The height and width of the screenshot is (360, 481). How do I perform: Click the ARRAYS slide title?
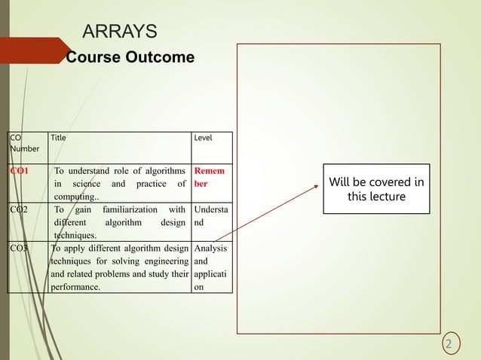tap(119, 31)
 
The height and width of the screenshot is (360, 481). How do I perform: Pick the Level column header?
tap(204, 138)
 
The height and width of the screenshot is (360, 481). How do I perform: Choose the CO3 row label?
tap(19, 246)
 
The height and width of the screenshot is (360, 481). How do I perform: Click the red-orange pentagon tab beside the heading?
tap(35, 50)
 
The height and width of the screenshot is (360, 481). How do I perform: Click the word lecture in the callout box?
tap(388, 197)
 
